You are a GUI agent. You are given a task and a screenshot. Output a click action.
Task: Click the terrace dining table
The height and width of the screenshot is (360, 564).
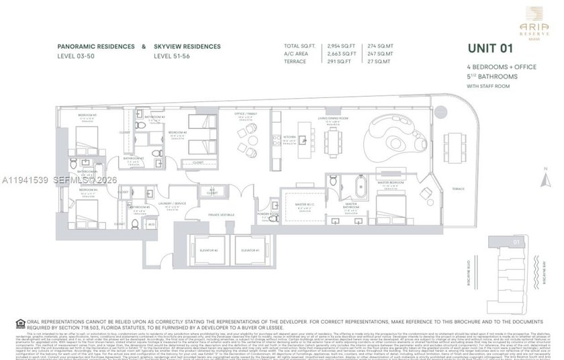click(457, 144)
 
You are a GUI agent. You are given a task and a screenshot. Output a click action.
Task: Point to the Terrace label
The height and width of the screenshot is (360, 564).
click(458, 189)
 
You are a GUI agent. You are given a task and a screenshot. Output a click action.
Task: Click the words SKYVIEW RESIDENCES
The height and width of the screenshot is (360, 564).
click(187, 46)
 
